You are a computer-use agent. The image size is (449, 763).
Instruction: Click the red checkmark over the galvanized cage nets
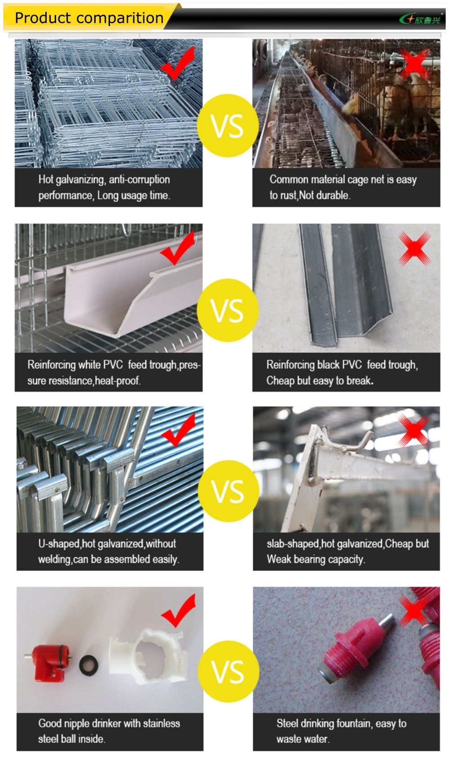[178, 63]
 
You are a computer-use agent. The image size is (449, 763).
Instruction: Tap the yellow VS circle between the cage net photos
[227, 125]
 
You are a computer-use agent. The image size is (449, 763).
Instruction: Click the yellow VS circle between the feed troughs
[227, 310]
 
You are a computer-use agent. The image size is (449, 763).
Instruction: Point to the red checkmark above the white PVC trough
[178, 248]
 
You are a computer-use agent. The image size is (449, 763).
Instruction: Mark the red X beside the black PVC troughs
[414, 249]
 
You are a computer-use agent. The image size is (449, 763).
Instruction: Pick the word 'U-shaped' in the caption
[59, 544]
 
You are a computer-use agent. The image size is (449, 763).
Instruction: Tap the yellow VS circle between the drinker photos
[228, 671]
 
